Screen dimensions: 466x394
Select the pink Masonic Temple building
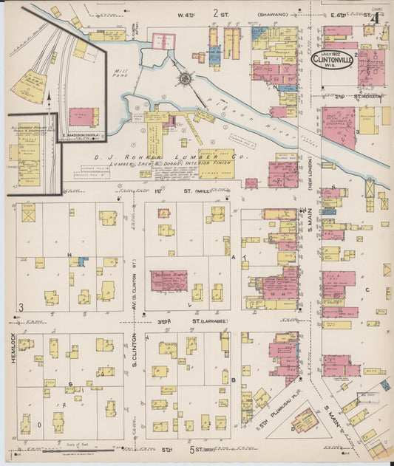(x=167, y=279)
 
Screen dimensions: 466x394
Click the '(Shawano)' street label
(x=271, y=13)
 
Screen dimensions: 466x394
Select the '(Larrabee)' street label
(x=216, y=321)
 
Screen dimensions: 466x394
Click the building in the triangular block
(x=304, y=422)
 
